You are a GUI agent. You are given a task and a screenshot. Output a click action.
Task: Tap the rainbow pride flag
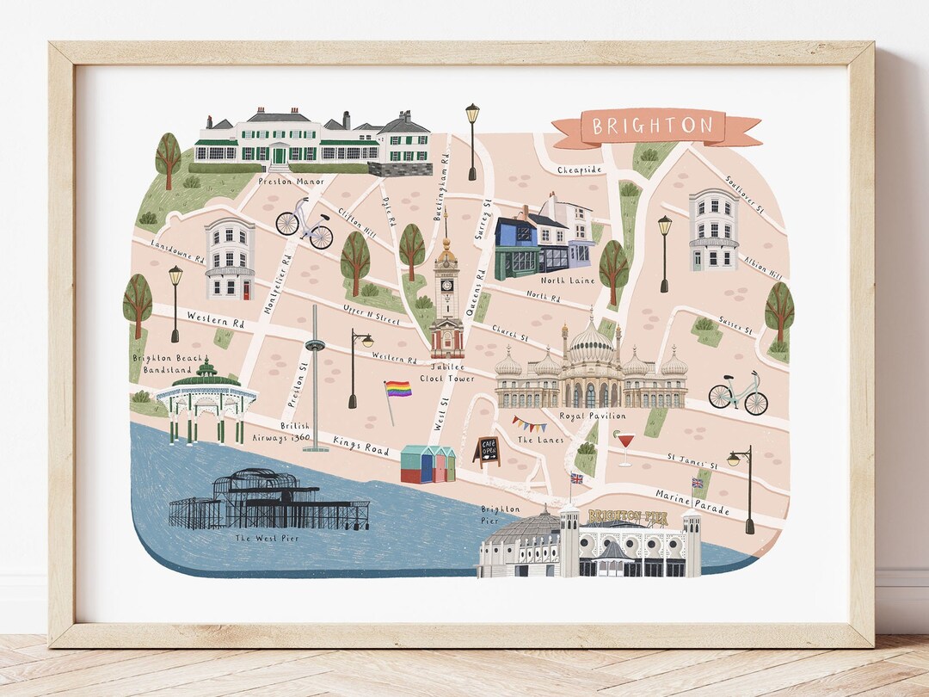(397, 389)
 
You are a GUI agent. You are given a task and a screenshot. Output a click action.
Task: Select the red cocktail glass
(624, 441)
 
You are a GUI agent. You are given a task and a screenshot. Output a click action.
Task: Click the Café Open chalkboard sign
(486, 449)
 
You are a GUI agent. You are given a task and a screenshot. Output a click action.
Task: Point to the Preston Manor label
(290, 182)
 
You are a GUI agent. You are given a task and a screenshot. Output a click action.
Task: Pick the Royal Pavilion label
(592, 416)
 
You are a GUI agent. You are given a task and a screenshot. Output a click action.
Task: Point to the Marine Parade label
(692, 503)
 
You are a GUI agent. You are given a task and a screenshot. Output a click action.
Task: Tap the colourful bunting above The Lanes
(529, 423)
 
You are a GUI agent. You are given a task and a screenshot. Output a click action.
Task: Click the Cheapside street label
(579, 170)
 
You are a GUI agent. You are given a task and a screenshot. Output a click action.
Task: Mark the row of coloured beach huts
(428, 464)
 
